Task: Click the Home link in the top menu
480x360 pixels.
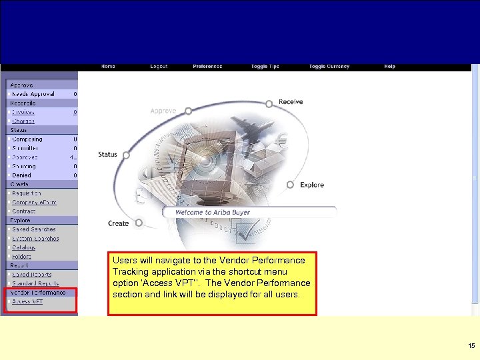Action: [108, 67]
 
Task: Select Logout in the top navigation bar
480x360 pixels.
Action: [159, 67]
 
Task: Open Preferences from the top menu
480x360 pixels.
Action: [207, 67]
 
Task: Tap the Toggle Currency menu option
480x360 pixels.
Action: [329, 67]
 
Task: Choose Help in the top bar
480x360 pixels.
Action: [389, 67]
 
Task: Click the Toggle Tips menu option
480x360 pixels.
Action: [265, 67]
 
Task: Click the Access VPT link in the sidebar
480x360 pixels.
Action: [27, 301]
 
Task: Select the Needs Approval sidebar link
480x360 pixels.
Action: [33, 94]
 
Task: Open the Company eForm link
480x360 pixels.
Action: [34, 202]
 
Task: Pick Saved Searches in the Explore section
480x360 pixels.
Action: [34, 229]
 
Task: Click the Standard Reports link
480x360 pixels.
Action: [35, 283]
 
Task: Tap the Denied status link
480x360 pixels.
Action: [21, 175]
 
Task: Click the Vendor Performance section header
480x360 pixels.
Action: [38, 292]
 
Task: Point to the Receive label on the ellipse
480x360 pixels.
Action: [291, 102]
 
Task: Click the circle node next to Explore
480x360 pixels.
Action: [290, 185]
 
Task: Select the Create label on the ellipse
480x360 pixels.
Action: [118, 223]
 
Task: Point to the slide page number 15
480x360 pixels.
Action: [471, 346]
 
